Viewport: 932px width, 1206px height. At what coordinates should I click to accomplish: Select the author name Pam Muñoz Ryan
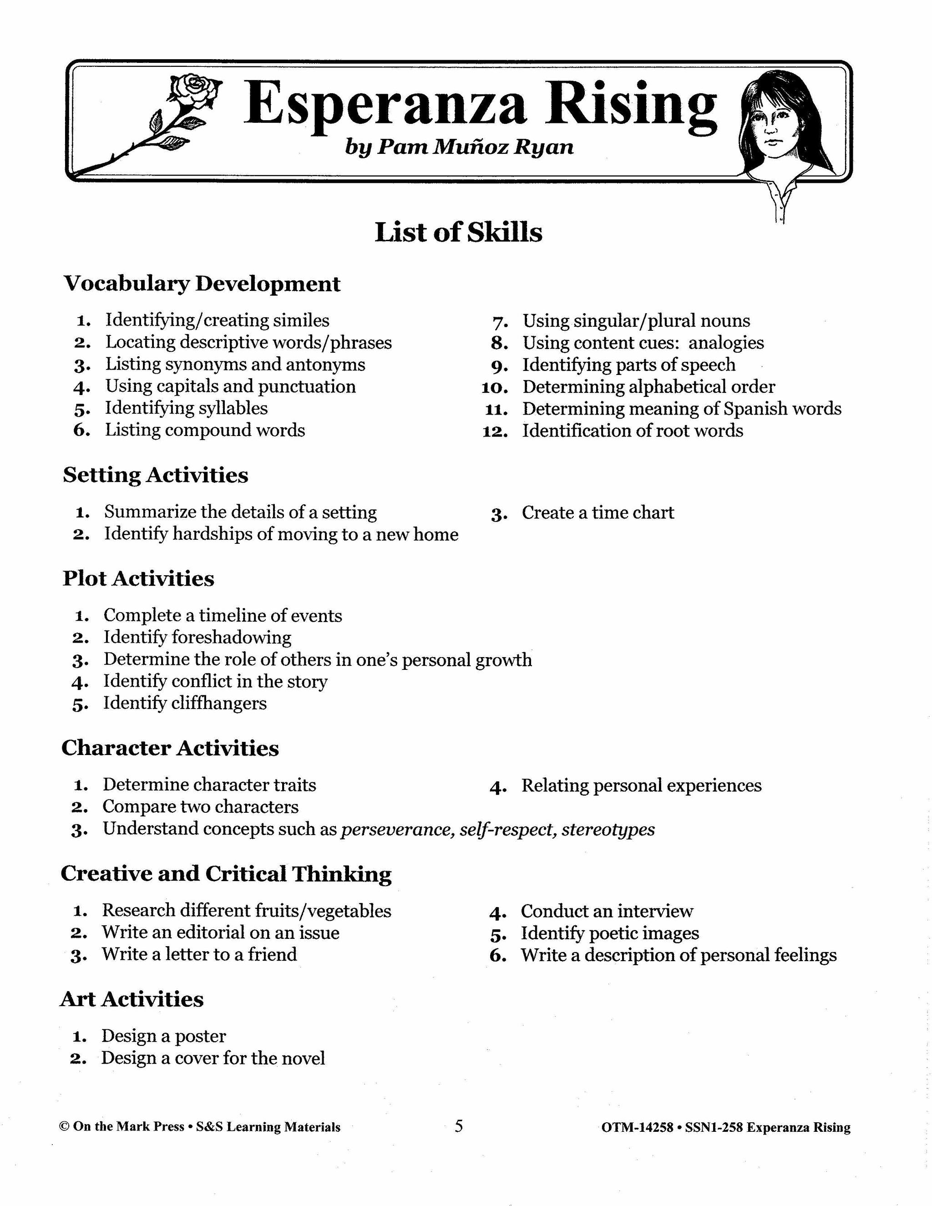(x=475, y=147)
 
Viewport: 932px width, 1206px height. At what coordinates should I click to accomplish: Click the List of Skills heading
(x=458, y=233)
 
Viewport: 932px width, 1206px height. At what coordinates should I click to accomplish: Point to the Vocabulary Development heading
(x=202, y=284)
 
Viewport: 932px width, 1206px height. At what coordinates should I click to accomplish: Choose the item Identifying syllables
(x=187, y=408)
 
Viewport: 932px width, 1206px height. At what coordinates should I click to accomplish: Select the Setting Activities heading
(x=155, y=475)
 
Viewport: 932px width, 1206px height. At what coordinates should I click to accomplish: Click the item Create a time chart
(x=598, y=512)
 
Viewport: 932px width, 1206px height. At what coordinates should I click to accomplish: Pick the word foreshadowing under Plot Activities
(x=231, y=637)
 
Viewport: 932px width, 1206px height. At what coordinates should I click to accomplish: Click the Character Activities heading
(x=170, y=748)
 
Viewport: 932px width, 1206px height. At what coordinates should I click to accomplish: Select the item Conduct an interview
(x=607, y=911)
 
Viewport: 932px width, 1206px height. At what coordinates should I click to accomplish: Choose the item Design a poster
(x=163, y=1036)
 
